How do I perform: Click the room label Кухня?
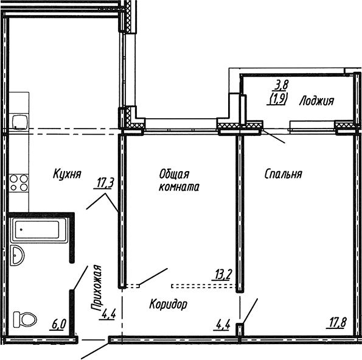pyautogui.click(x=67, y=173)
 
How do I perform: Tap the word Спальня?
pyautogui.click(x=283, y=174)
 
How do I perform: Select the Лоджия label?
pyautogui.click(x=316, y=102)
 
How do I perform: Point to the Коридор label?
pyautogui.click(x=168, y=303)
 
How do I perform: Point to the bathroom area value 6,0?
pyautogui.click(x=58, y=323)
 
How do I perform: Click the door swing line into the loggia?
pyautogui.click(x=274, y=137)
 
